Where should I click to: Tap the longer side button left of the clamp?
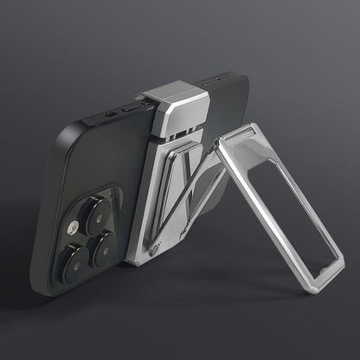click(131, 109)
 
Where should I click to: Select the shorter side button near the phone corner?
click(111, 115)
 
